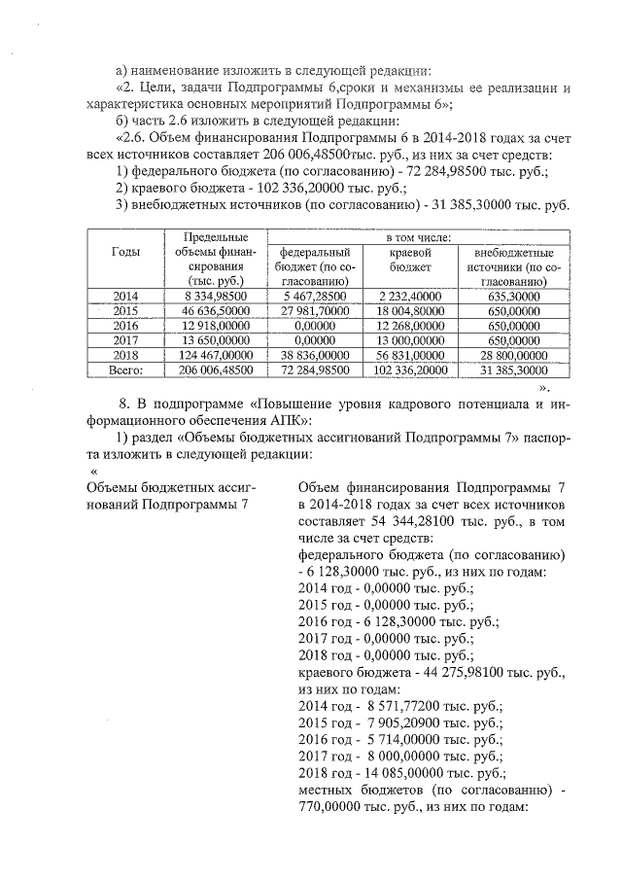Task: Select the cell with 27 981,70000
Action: pos(309,311)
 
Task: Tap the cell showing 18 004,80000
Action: pos(410,311)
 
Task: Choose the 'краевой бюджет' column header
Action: pos(410,259)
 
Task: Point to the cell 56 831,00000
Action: pos(410,357)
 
